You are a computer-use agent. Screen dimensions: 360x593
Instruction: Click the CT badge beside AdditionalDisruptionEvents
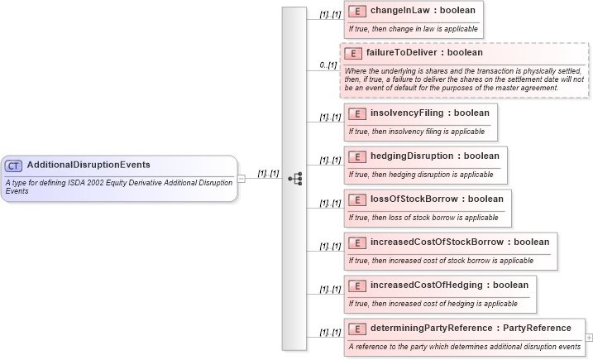pos(14,165)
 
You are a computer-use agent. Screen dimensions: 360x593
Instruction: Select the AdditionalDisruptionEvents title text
pos(88,165)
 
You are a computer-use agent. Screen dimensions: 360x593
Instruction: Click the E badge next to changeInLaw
pos(357,12)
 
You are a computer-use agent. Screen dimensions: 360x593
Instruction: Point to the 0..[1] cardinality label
pos(329,65)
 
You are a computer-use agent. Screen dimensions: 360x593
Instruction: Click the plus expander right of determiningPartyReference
pos(589,338)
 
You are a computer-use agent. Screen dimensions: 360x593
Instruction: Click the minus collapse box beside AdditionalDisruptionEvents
pos(242,178)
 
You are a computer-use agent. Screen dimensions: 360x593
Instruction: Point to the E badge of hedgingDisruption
pos(357,156)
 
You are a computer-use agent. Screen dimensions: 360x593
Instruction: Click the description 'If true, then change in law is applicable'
pos(413,28)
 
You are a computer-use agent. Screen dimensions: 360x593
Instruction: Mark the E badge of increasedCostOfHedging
pos(357,285)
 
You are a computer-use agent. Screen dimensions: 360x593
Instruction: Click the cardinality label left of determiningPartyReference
pos(329,333)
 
